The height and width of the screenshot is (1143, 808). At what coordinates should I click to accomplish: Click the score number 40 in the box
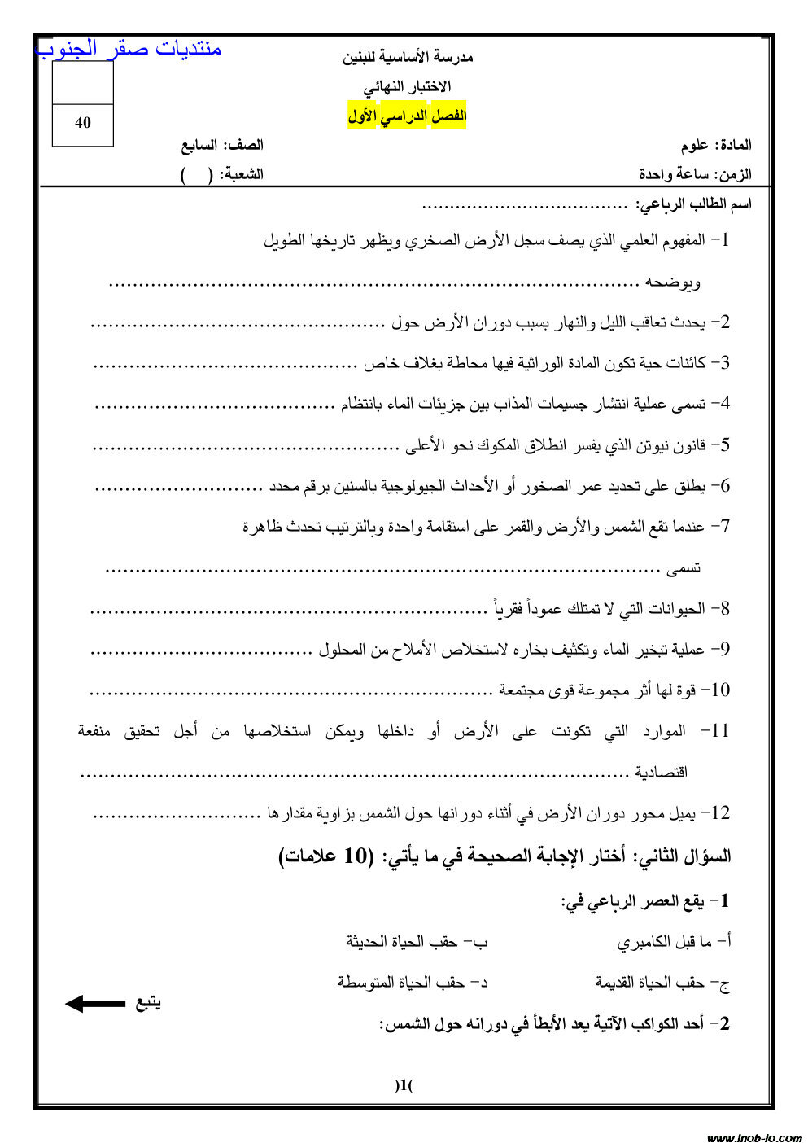82,123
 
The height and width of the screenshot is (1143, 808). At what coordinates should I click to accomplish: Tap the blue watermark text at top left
129,49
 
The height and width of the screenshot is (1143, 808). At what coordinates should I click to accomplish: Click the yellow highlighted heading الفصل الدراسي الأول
408,116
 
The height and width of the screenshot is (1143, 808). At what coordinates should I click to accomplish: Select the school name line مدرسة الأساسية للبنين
408,57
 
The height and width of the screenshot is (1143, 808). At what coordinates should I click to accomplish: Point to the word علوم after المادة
694,146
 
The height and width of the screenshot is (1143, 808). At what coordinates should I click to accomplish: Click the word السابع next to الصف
199,146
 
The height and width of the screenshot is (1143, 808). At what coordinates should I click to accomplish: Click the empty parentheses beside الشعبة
196,175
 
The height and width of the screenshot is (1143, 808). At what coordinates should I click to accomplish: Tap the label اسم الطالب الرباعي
693,204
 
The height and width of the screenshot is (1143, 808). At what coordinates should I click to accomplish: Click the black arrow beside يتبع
95,1004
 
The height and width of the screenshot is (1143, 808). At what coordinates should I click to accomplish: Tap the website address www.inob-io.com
753,1137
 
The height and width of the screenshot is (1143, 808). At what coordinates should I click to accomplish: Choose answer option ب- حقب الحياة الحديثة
417,942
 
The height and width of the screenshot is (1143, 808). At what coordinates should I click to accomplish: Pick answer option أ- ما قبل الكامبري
674,942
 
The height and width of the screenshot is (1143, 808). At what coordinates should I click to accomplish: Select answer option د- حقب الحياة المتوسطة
413,983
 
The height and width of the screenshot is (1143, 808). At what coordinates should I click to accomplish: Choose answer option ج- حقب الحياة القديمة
662,983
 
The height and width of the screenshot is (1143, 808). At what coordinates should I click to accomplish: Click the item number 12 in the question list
719,812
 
